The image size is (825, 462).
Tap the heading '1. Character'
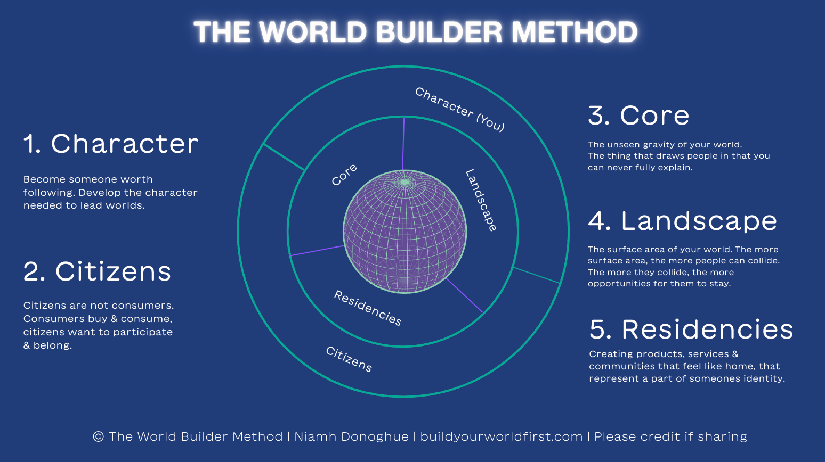(x=111, y=144)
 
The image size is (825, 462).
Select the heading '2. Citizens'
(x=97, y=271)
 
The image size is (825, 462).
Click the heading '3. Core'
(x=638, y=115)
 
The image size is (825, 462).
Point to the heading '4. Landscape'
(x=683, y=221)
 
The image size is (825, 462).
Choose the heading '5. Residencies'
(x=691, y=329)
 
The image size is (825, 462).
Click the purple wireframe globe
(x=405, y=232)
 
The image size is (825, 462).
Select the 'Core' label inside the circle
(x=344, y=175)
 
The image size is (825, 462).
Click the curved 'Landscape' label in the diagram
(x=481, y=200)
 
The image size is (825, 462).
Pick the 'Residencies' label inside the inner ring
(x=368, y=308)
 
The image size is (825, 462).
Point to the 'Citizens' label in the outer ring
(x=349, y=359)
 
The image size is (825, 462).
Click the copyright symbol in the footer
(x=98, y=436)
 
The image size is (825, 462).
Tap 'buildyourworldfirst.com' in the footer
(x=501, y=436)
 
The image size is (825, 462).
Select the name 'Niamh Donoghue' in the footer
(x=351, y=436)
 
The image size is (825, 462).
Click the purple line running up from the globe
(x=403, y=144)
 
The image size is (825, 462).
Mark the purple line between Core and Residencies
(x=317, y=251)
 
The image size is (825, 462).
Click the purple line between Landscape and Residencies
(x=464, y=295)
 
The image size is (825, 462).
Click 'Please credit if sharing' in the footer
(x=670, y=436)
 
